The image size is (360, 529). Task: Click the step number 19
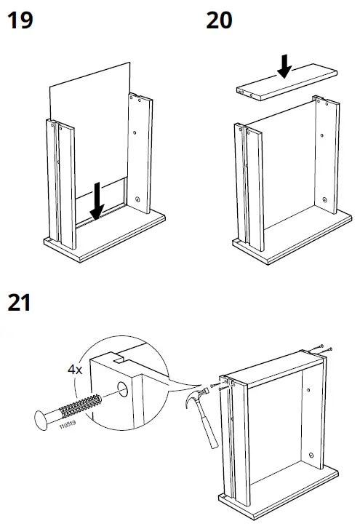(x=20, y=20)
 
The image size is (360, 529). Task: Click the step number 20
(x=219, y=20)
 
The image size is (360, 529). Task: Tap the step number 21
(x=19, y=302)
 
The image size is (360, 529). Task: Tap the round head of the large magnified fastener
(x=43, y=421)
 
